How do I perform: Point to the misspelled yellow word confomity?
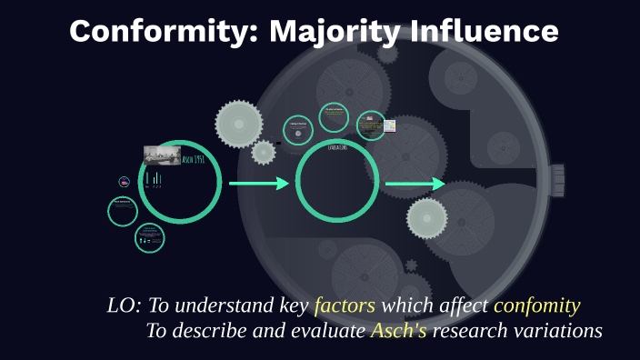pos(537,305)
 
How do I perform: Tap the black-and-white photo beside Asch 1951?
pos(162,155)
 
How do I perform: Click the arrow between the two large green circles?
pos(258,184)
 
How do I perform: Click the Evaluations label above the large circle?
pos(338,146)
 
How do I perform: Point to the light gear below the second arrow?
pos(426,219)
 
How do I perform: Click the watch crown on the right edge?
pos(557,180)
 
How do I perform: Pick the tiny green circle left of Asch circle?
pos(124,182)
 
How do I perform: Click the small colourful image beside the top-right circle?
pos(390,125)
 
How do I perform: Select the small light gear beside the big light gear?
pos(264,152)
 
